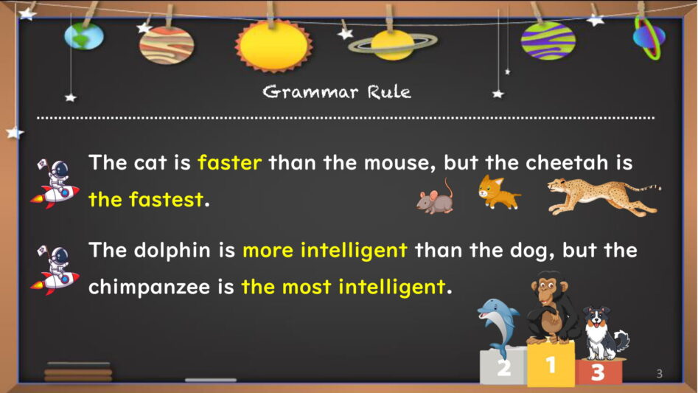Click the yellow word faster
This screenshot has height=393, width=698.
230,162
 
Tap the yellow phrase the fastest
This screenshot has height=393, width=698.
146,199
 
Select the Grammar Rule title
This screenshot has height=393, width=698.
337,92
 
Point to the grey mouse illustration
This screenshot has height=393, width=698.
435,197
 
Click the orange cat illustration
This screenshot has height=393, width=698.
498,192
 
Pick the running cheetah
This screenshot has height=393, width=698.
604,196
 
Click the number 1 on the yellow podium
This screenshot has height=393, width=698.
551,365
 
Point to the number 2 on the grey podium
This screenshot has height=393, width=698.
504,369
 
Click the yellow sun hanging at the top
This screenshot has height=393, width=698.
273,46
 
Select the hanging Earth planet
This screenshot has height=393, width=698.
84,36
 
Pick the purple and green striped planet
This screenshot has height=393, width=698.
548,41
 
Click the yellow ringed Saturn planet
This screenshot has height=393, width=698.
391,45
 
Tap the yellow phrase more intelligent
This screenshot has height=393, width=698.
325,250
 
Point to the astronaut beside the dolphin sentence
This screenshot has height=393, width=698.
55,270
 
